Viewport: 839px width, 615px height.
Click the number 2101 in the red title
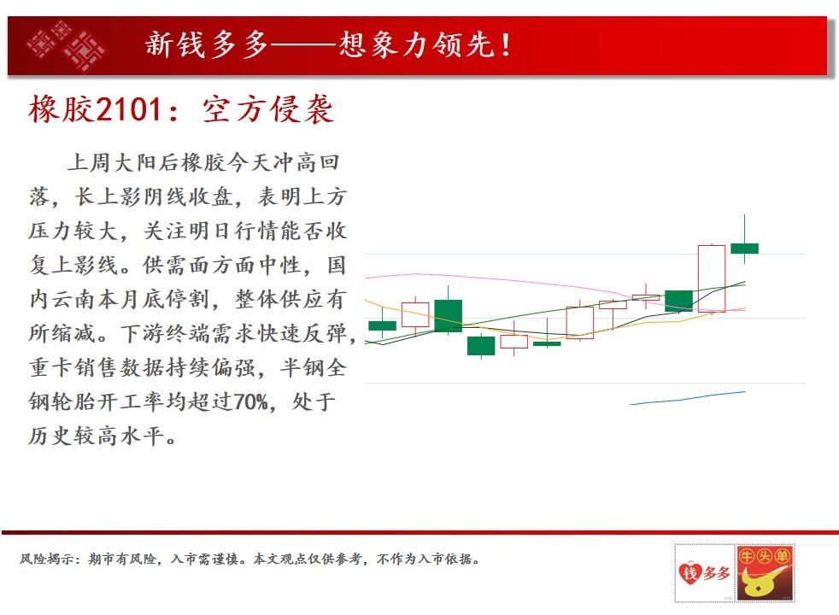pos(129,109)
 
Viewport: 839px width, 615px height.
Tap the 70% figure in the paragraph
pos(249,401)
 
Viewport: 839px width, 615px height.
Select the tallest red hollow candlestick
pos(712,278)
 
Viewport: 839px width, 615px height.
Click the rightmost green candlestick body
pos(745,249)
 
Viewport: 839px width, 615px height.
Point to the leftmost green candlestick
pos(382,325)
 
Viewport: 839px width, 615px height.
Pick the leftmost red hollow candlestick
pos(415,314)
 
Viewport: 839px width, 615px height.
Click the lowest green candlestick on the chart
pos(481,346)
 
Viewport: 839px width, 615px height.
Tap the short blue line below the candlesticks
pos(688,398)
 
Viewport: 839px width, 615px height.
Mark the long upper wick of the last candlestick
pos(745,229)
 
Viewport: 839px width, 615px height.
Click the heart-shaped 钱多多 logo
pos(704,573)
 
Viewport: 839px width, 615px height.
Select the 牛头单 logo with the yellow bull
pos(766,573)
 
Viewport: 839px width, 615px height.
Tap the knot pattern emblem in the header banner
pos(66,45)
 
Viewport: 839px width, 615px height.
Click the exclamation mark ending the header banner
pos(505,44)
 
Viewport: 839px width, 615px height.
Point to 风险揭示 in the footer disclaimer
pos(47,559)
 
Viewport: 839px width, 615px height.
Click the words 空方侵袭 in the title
pos(268,109)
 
